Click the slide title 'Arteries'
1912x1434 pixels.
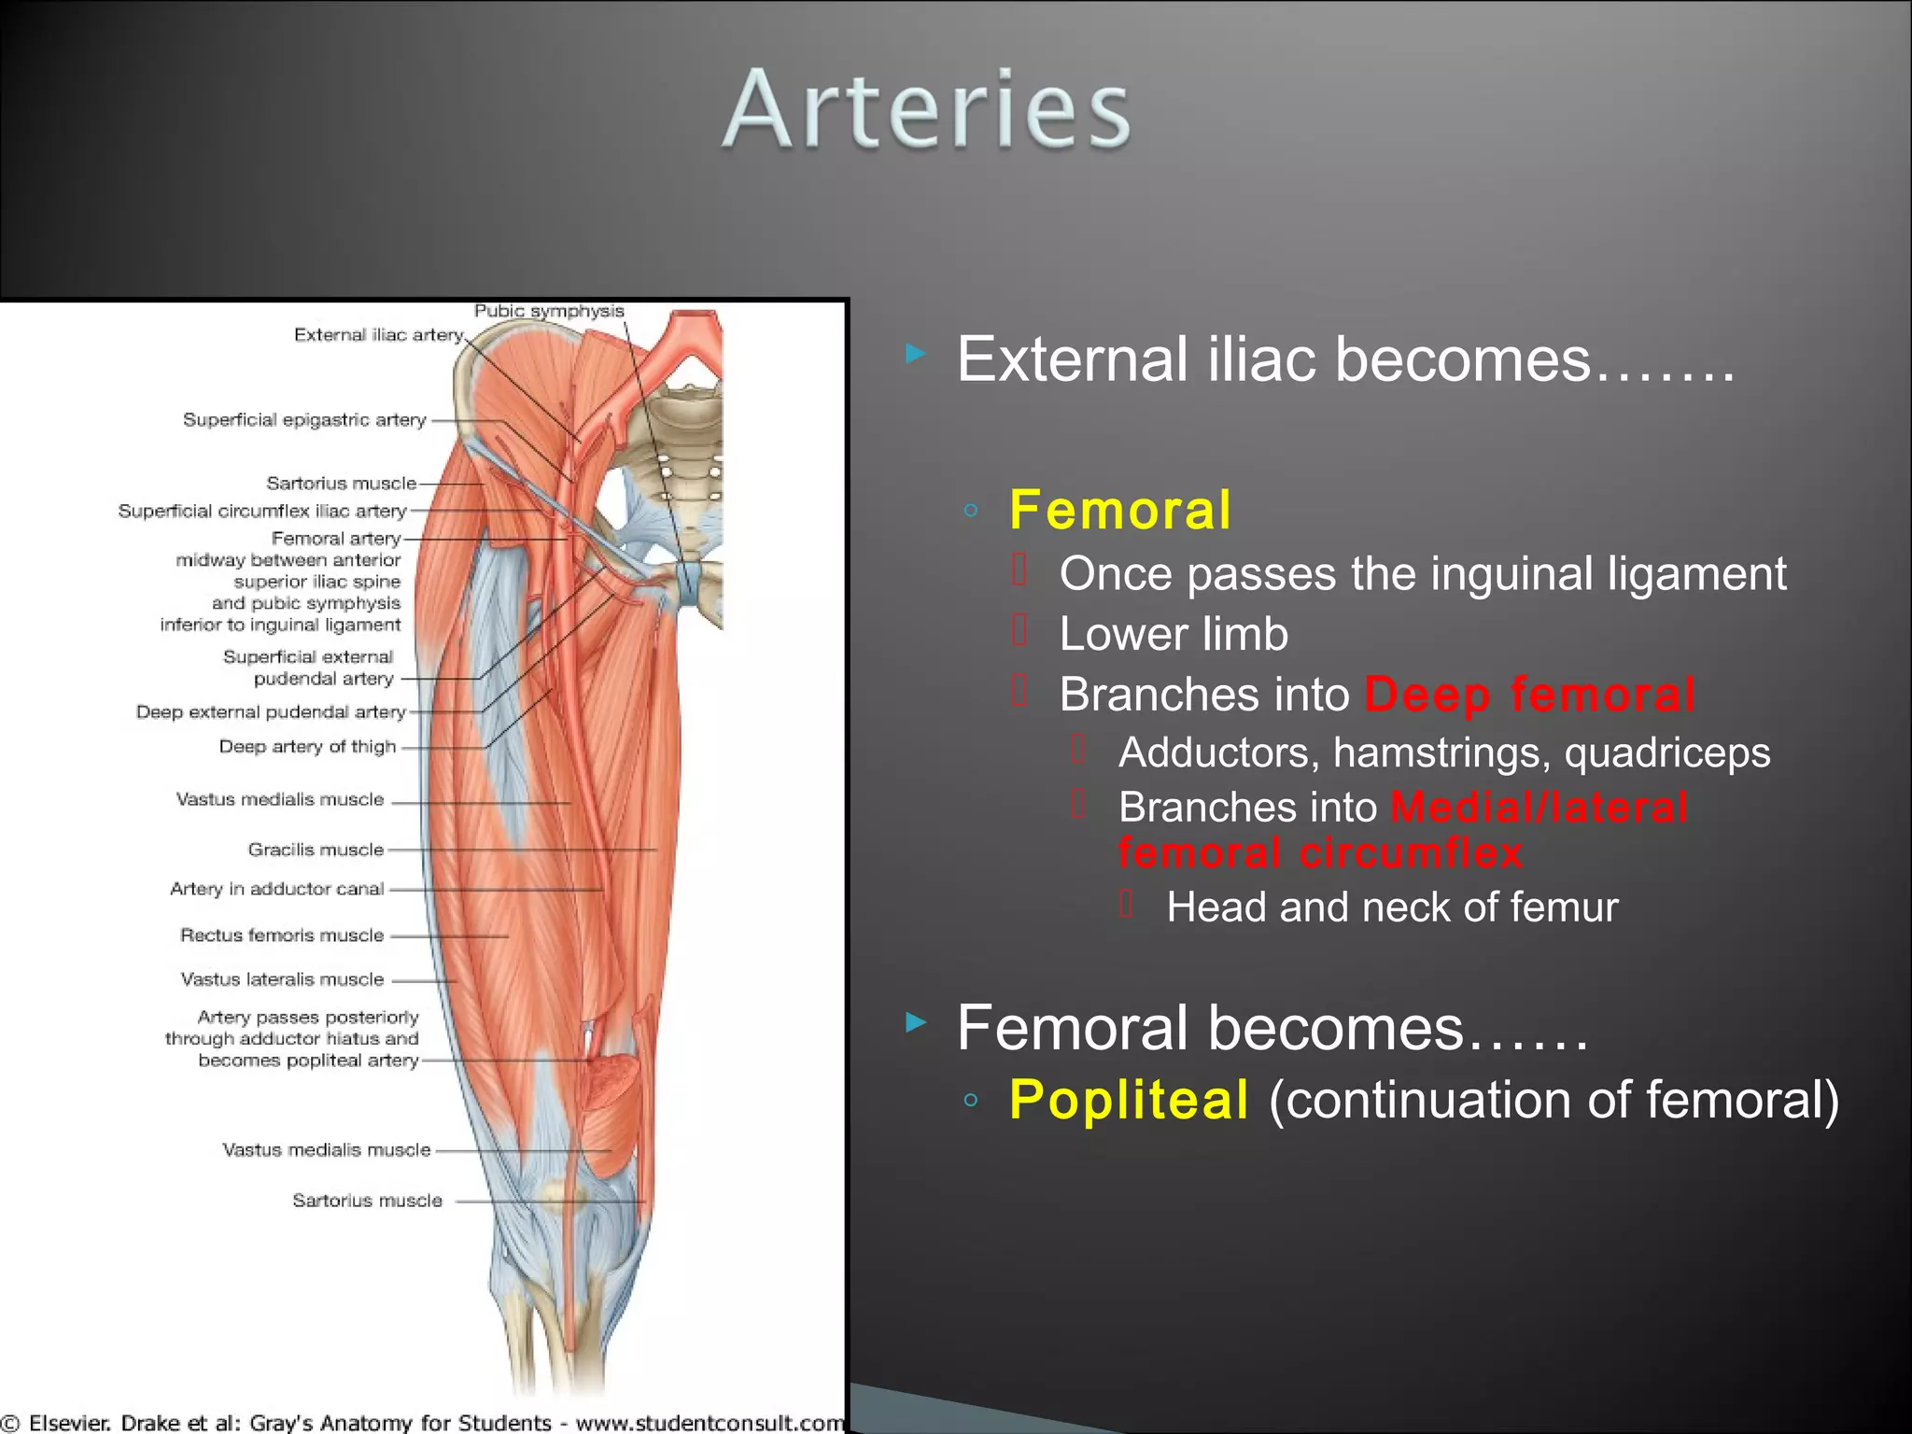[x=926, y=109]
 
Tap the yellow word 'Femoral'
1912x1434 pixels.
[x=1119, y=511]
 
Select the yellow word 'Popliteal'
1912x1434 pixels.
[x=1129, y=1099]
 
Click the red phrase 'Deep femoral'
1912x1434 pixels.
[x=1529, y=695]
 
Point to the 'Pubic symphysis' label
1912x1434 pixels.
[x=549, y=311]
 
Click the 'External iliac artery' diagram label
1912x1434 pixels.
[x=378, y=335]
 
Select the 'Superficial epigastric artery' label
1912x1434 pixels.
[x=304, y=420]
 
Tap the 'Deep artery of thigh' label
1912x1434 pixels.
[x=307, y=747]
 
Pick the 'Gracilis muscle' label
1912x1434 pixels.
[x=316, y=850]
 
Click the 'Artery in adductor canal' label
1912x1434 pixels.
[x=276, y=889]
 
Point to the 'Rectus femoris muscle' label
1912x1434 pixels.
[x=282, y=935]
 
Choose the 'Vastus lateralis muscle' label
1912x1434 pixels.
[x=282, y=979]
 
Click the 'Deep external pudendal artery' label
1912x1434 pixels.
[x=271, y=712]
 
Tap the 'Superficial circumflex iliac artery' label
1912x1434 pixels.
[x=262, y=512]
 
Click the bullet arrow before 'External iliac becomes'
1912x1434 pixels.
[x=916, y=354]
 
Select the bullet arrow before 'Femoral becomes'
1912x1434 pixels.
[x=916, y=1023]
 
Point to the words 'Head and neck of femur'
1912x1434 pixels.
[x=1392, y=907]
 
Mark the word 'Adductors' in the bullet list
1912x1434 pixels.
[x=1218, y=752]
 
